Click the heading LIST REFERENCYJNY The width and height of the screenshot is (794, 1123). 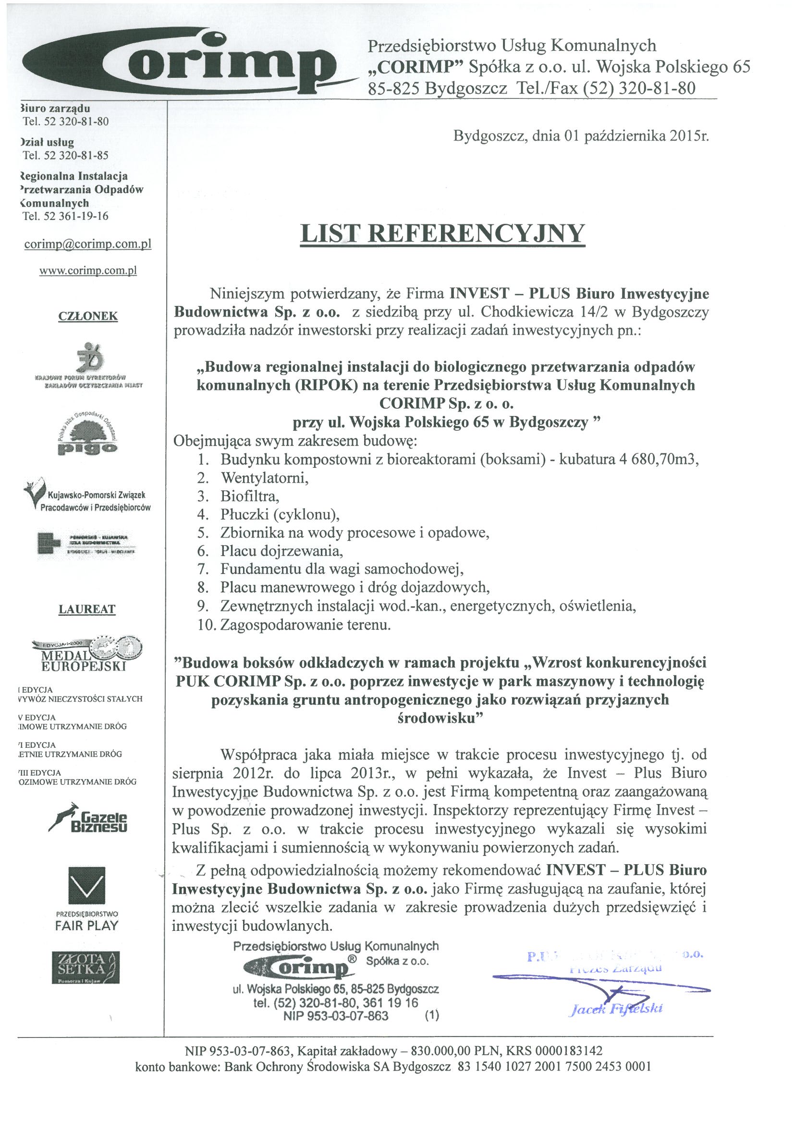coord(442,233)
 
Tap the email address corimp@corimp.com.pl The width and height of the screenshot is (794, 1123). coord(87,244)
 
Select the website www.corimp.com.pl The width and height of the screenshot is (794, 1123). coord(87,270)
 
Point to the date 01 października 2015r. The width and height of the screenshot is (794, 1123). coord(636,135)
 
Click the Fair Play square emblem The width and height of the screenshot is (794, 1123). coord(86,888)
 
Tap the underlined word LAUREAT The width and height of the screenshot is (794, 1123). coord(87,610)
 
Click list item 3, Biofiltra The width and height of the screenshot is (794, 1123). coord(249,497)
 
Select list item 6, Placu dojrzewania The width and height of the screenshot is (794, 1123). coord(281,551)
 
